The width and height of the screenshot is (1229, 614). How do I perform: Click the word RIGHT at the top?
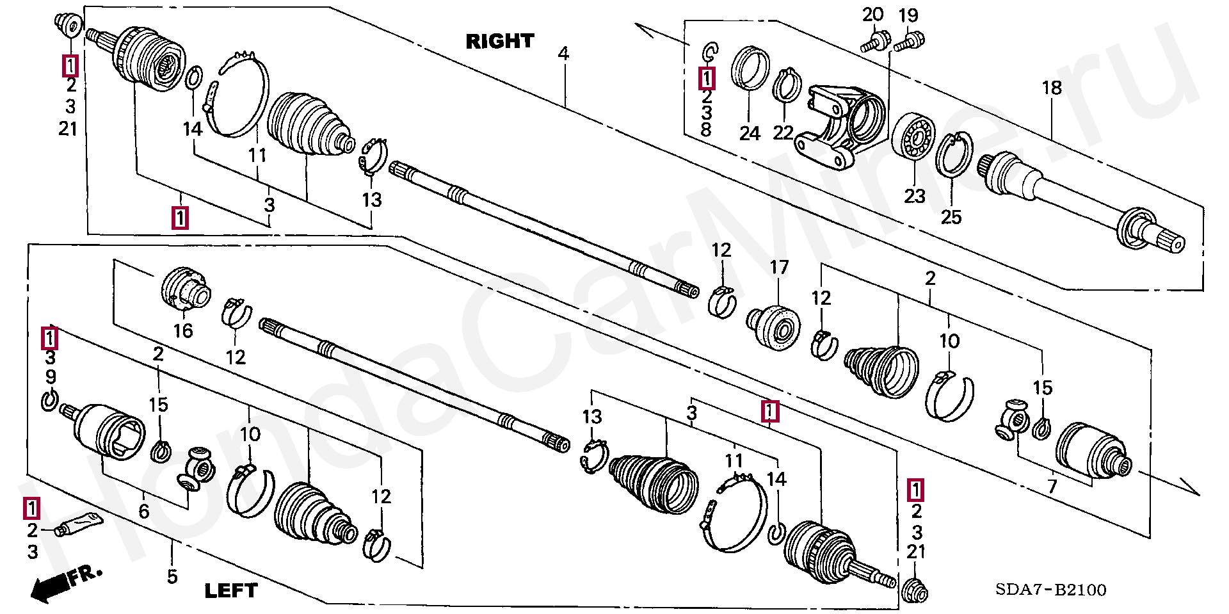(499, 42)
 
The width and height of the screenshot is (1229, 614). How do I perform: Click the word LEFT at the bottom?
(230, 590)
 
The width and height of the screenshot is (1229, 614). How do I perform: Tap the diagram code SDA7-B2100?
(1050, 590)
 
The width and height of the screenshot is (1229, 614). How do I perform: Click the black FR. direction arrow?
(51, 586)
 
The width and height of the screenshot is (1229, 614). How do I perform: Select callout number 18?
(1052, 88)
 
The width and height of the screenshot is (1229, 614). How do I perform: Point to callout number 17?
(779, 267)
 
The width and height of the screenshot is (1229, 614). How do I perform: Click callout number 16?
(183, 330)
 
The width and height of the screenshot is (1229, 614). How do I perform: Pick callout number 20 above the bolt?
(872, 15)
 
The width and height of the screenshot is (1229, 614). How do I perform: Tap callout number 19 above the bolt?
(908, 15)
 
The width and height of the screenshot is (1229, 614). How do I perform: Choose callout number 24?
(750, 133)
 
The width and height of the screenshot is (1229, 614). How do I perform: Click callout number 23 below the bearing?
(915, 195)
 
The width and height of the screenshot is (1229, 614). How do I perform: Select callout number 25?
(951, 217)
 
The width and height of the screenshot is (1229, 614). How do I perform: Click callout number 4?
(563, 53)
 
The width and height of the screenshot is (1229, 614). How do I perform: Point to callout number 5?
(172, 576)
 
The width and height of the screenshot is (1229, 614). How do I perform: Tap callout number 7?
(1052, 486)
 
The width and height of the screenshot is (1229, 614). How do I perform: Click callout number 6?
(144, 511)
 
